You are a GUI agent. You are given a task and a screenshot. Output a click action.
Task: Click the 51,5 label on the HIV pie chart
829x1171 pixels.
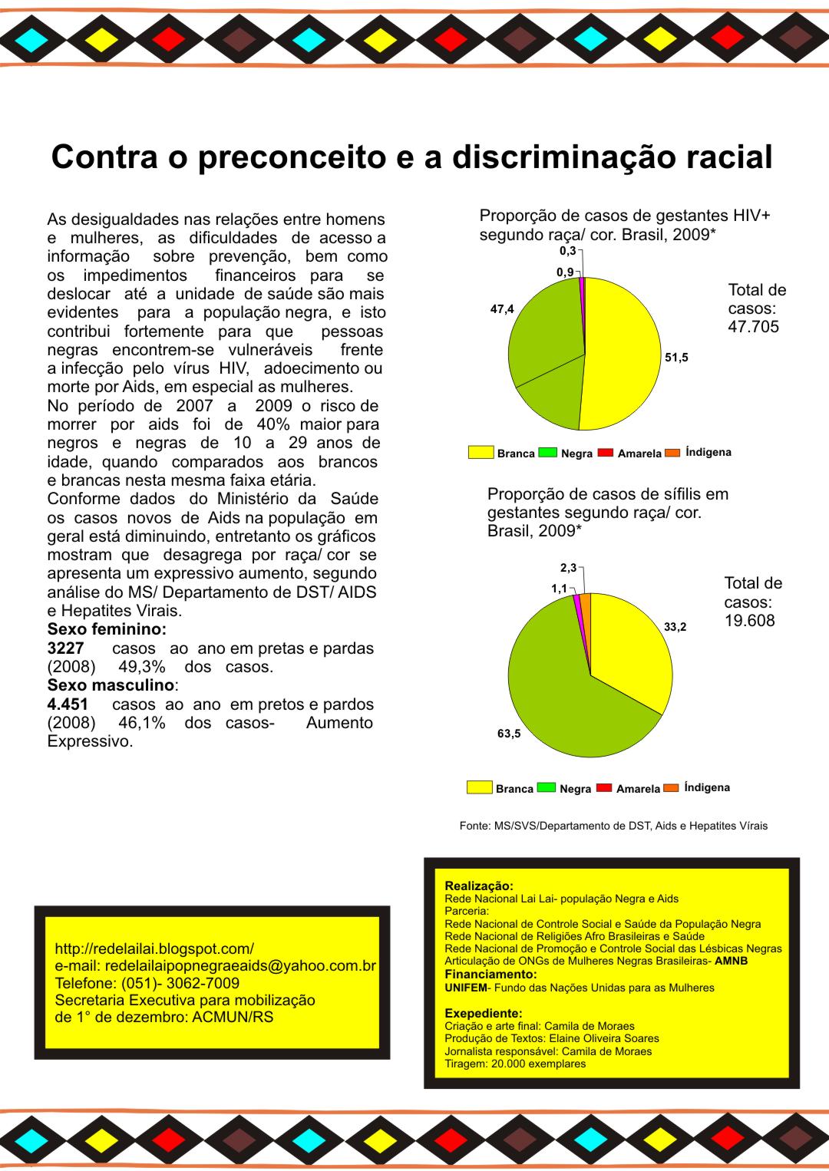pyautogui.click(x=676, y=358)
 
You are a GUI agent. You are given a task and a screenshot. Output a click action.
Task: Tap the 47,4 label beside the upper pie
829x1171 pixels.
pyautogui.click(x=502, y=309)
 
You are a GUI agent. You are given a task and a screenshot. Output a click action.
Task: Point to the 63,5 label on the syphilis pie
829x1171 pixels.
pyautogui.click(x=509, y=734)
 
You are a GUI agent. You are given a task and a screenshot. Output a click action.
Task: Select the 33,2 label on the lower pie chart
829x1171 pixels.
pyautogui.click(x=675, y=627)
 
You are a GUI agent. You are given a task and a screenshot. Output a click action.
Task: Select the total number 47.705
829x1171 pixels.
pyautogui.click(x=753, y=327)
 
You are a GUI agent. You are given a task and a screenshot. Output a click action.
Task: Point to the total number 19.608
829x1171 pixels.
pyautogui.click(x=749, y=620)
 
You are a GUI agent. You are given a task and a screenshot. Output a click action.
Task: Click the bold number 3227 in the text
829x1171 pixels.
pyautogui.click(x=65, y=648)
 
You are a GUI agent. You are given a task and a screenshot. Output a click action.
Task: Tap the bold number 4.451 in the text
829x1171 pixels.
pyautogui.click(x=68, y=704)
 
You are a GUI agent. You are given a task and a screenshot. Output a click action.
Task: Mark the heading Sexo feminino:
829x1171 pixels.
pyautogui.click(x=107, y=629)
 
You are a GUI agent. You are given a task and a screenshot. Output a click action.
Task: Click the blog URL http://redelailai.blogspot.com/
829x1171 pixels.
pyautogui.click(x=154, y=948)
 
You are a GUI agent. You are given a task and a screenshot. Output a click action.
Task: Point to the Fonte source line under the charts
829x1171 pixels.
pyautogui.click(x=613, y=826)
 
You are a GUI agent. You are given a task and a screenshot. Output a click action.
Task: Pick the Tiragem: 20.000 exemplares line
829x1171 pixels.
pyautogui.click(x=515, y=1064)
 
